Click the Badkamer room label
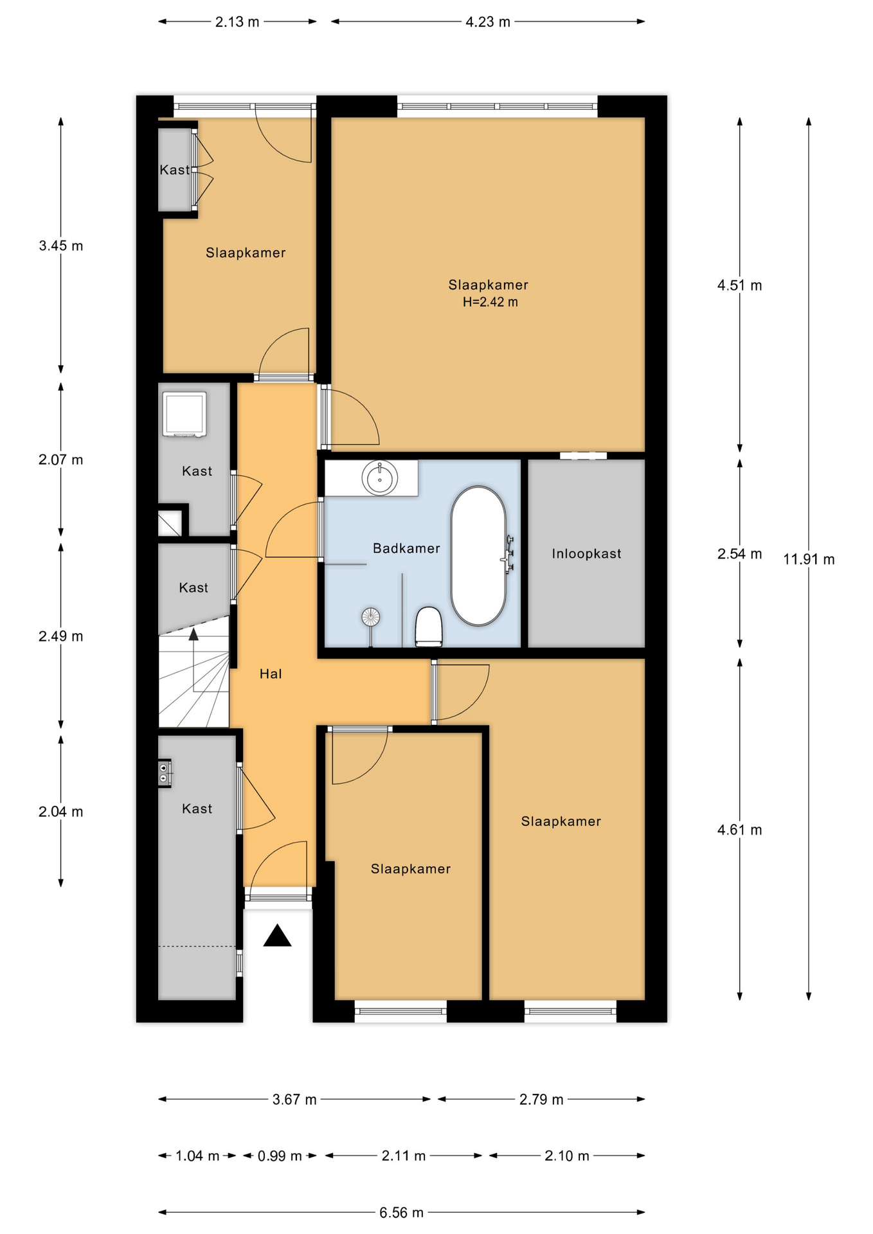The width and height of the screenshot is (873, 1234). coord(406,548)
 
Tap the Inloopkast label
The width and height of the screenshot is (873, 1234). coord(586,553)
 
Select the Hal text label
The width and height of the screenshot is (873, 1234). coord(271,674)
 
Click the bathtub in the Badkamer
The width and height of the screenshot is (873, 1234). coord(479,556)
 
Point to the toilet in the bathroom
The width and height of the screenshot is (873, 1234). coord(429,627)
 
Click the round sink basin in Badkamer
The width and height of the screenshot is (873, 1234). coord(379,478)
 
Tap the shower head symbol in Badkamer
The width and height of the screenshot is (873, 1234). coord(371,618)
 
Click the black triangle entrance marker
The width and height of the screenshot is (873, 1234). coord(277,936)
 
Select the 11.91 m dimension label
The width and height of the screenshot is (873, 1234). coord(809,559)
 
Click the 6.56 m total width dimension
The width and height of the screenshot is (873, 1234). coord(401,1213)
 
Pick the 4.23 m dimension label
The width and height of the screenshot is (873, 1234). coord(488,22)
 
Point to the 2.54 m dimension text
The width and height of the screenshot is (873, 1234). coord(740,553)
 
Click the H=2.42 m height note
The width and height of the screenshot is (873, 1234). coord(490,302)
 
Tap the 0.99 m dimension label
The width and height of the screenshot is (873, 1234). coord(280,1156)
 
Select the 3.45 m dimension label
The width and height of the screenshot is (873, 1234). coord(61,246)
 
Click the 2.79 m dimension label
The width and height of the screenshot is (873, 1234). coord(541,1100)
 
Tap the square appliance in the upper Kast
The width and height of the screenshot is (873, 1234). coord(184,415)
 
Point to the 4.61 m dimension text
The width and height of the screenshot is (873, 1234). coord(740,830)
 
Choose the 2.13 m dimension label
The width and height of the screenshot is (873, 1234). coord(237,22)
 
